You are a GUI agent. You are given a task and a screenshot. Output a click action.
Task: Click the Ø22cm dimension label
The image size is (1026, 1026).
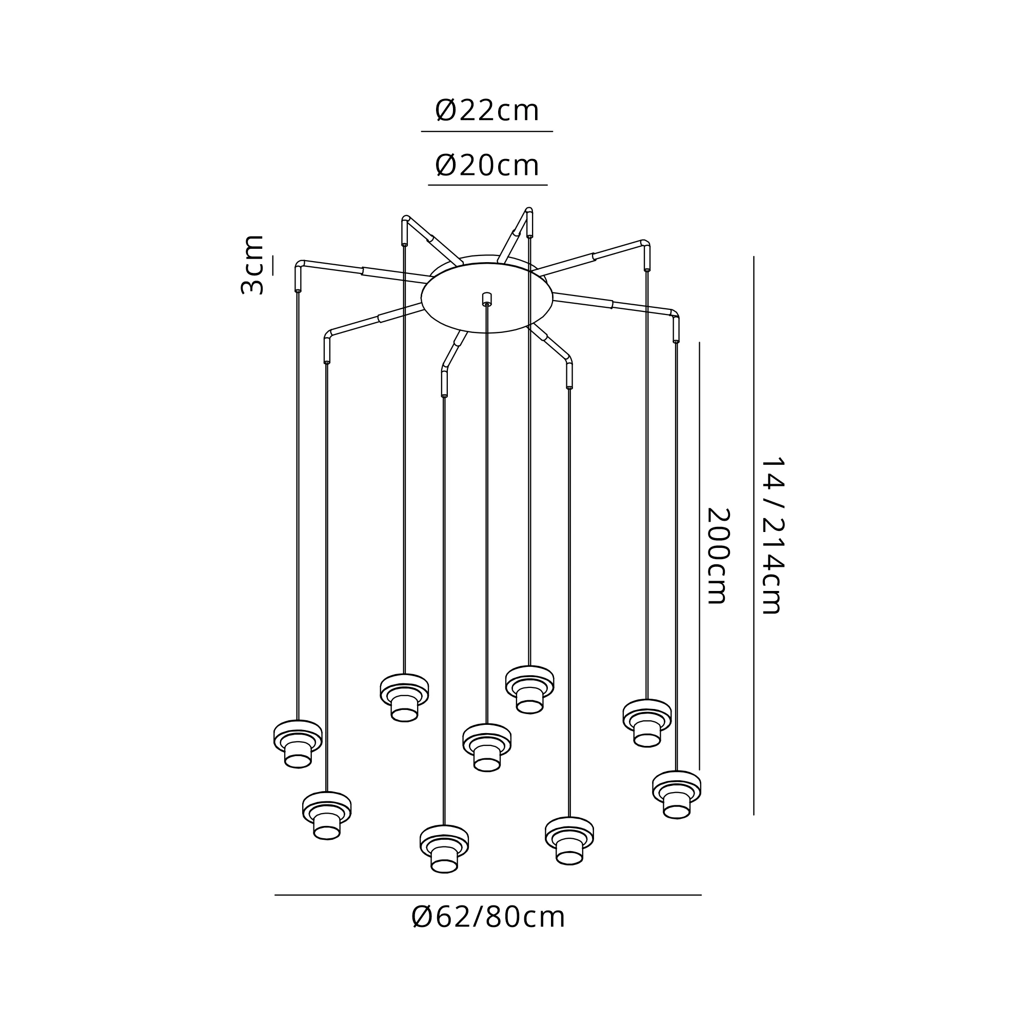pos(487,110)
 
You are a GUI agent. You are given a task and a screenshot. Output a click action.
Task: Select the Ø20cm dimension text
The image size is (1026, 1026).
pos(487,165)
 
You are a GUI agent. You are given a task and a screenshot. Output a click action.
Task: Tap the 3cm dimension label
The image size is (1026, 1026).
pos(252,265)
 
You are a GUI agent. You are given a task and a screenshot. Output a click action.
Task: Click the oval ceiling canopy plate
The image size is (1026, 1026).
pos(487,298)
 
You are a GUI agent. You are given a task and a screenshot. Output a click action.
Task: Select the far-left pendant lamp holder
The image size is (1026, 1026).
pos(298,744)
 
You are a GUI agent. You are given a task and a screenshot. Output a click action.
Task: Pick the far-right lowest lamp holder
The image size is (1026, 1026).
pos(677,795)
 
